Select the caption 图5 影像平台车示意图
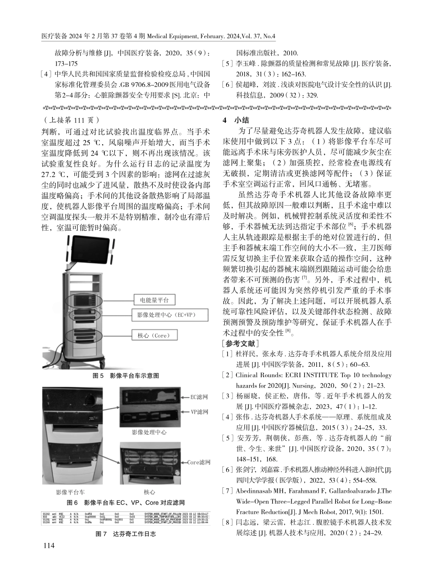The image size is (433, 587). [125, 375]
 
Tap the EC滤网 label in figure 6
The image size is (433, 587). [199, 397]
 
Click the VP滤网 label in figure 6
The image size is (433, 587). [199, 412]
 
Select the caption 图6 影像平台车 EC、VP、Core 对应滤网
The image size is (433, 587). [125, 502]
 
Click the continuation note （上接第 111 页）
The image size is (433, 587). [70, 121]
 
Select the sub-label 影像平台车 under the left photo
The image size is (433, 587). [70, 492]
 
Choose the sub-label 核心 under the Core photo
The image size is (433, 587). [149, 492]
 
